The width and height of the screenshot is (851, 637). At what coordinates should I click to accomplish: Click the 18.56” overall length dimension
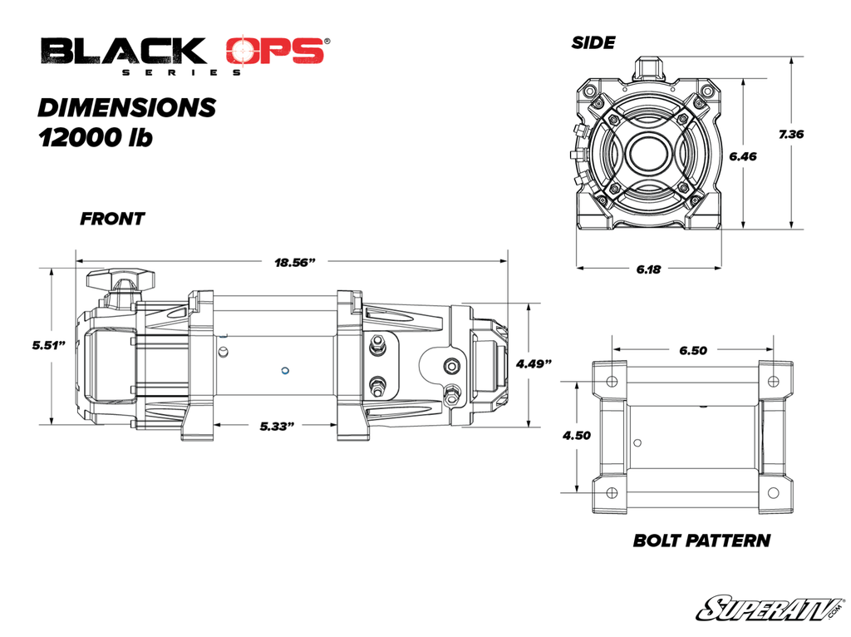[x=297, y=263]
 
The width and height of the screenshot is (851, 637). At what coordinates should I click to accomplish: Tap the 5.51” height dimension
[x=50, y=345]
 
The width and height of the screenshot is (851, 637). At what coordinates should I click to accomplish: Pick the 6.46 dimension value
[x=742, y=156]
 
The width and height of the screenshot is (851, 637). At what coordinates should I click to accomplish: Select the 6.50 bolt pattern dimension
[x=693, y=350]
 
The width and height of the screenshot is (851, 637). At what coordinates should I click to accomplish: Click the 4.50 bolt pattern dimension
[x=576, y=436]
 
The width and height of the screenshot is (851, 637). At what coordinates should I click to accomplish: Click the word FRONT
[x=112, y=220]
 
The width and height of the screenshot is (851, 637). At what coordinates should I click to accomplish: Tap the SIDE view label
[x=593, y=42]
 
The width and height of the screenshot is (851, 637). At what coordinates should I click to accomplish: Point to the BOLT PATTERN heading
[x=701, y=541]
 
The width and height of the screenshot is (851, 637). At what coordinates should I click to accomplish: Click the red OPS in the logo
[x=273, y=52]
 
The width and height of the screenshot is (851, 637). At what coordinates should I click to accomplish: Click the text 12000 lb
[x=96, y=137]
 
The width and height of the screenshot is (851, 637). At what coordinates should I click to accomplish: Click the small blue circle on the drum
[x=284, y=370]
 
